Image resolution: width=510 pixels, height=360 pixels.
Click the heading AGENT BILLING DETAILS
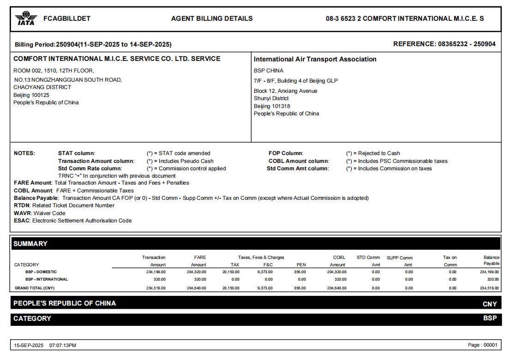pyautogui.click(x=212, y=19)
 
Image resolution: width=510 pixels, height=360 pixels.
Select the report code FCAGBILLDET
pyautogui.click(x=67, y=19)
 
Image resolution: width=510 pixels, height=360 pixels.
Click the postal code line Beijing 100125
pyautogui.click(x=31, y=95)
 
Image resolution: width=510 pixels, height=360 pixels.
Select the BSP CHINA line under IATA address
pyautogui.click(x=269, y=71)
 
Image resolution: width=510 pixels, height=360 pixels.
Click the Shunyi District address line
pyautogui.click(x=271, y=98)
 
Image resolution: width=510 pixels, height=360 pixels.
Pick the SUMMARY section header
pyautogui.click(x=30, y=244)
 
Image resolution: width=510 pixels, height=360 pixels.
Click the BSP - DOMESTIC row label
pyautogui.click(x=41, y=272)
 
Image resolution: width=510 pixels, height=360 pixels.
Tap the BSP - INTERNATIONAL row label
pyautogui.click(x=47, y=279)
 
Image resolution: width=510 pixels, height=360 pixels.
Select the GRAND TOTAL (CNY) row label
pyautogui.click(x=35, y=288)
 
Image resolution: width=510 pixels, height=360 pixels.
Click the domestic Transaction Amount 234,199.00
pyautogui.click(x=156, y=272)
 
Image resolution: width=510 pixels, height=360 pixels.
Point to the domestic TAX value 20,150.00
pyautogui.click(x=231, y=272)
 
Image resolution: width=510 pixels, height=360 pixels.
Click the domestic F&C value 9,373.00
pyautogui.click(x=265, y=272)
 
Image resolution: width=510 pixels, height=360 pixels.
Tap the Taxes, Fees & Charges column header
pyautogui.click(x=261, y=258)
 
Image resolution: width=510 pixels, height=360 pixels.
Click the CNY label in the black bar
pyautogui.click(x=489, y=304)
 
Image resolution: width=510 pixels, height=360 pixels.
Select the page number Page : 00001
pyautogui.click(x=483, y=345)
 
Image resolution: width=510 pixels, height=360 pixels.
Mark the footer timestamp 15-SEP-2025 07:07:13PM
pyautogui.click(x=45, y=345)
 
